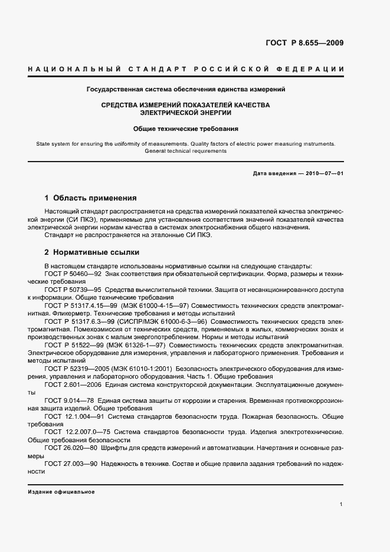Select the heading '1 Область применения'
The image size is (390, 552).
pyautogui.click(x=91, y=198)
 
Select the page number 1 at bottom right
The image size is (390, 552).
pyautogui.click(x=341, y=504)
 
